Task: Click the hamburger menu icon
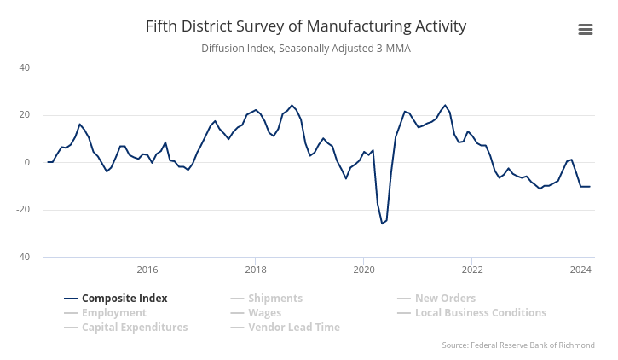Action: tap(586, 30)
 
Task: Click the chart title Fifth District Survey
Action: tap(306, 26)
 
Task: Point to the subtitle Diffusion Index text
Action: tap(306, 49)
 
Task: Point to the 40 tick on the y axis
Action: tap(24, 67)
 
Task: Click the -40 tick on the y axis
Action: tap(22, 258)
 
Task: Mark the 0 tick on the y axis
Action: tap(26, 163)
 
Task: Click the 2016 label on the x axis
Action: tap(147, 270)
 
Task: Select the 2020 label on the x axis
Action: tap(364, 270)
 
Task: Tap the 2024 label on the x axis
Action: tap(580, 270)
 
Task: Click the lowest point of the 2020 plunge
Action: tap(382, 224)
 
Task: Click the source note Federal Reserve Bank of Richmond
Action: tap(518, 345)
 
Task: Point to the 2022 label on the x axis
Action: tap(472, 270)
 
